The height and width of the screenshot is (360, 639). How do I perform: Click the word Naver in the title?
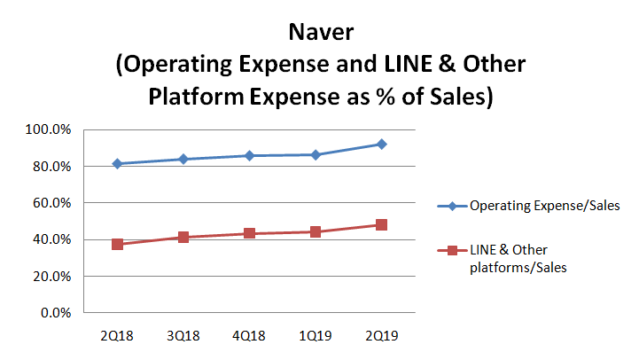point(319,34)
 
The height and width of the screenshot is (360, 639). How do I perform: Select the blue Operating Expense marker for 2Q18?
point(117,163)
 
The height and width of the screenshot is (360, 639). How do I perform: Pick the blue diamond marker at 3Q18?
point(183,159)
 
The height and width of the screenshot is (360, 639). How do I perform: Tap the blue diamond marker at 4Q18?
point(249,155)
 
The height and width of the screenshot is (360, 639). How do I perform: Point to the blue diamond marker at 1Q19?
point(315,154)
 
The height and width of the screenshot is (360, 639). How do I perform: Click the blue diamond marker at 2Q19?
point(381,144)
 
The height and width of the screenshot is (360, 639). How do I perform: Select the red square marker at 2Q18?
point(117,244)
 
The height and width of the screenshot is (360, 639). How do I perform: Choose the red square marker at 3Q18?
point(183,237)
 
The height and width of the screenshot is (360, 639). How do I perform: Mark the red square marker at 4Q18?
point(249,233)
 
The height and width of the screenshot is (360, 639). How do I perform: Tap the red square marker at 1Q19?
point(315,231)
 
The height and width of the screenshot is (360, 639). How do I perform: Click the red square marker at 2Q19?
point(381,224)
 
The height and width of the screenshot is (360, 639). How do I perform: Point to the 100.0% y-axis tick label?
point(50,129)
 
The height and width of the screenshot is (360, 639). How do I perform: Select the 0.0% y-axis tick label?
point(56,313)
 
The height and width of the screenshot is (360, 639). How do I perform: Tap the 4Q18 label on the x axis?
point(249,337)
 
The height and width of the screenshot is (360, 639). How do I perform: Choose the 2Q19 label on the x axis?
point(381,337)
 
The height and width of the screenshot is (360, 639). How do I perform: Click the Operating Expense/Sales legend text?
point(544,206)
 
